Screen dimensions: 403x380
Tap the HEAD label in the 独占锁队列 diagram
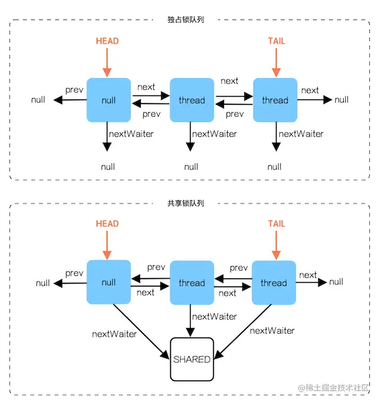tap(107, 41)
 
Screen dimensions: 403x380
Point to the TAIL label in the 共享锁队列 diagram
tap(276, 224)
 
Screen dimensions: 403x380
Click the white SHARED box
tap(191, 359)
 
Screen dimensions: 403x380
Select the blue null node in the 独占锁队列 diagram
tap(108, 100)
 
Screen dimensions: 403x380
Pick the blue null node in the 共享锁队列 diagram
tap(108, 283)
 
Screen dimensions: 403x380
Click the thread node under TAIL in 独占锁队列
tap(275, 100)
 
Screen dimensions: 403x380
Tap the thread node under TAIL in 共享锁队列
tap(274, 283)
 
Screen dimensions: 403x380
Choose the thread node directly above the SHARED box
tap(191, 283)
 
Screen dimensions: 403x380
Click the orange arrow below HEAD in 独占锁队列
tap(107, 62)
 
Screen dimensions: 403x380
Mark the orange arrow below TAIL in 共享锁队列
tap(276, 245)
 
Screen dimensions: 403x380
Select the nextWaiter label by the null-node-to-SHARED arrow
tap(114, 334)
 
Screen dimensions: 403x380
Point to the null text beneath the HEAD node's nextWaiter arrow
tap(108, 167)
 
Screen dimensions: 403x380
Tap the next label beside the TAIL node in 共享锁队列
tap(308, 275)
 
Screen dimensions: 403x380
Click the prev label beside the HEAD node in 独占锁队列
tap(75, 90)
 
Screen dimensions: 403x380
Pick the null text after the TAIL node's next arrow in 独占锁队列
tap(342, 100)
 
